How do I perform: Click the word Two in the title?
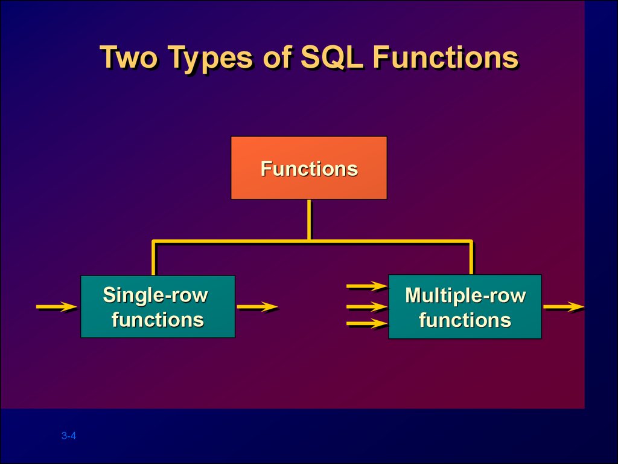pyautogui.click(x=129, y=57)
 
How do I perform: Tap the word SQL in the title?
pyautogui.click(x=332, y=57)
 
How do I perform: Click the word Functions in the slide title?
pyautogui.click(x=445, y=57)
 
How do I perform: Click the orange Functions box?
pyautogui.click(x=309, y=168)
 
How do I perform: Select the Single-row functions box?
pyautogui.click(x=158, y=306)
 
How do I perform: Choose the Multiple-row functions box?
pyautogui.click(x=465, y=306)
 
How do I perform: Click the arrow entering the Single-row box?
pyautogui.click(x=57, y=306)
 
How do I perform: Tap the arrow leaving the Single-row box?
pyautogui.click(x=257, y=306)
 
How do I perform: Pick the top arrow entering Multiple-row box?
pyautogui.click(x=367, y=286)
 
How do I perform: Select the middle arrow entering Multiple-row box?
pyautogui.click(x=367, y=306)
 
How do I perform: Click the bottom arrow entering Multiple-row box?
pyautogui.click(x=367, y=324)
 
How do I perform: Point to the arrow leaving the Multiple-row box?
pyautogui.click(x=564, y=306)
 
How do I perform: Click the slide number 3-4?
pyautogui.click(x=69, y=436)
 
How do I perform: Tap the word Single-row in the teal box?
pyautogui.click(x=155, y=295)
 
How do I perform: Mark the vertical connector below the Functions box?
pyautogui.click(x=309, y=219)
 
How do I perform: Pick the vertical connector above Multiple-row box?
pyautogui.click(x=471, y=258)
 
